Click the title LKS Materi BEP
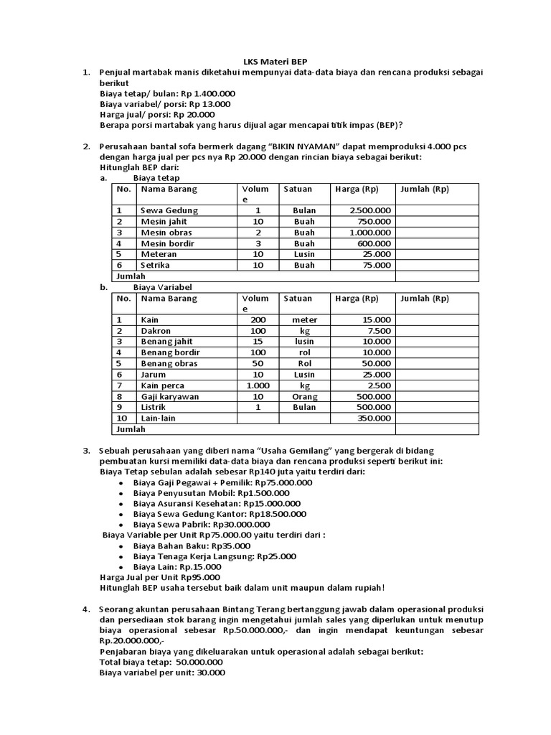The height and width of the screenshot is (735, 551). coord(275,62)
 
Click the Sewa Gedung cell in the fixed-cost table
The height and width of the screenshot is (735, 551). coord(169,210)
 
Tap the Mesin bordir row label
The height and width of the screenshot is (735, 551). coord(166,243)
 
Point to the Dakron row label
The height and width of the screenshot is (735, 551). coord(156,331)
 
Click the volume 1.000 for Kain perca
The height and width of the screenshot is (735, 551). coord(257,385)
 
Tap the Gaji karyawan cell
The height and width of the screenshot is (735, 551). coord(170,396)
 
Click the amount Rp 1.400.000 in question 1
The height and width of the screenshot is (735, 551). coord(207,93)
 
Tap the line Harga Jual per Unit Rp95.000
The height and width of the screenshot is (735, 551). coord(159,576)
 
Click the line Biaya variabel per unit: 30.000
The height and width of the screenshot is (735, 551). coord(162,673)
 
